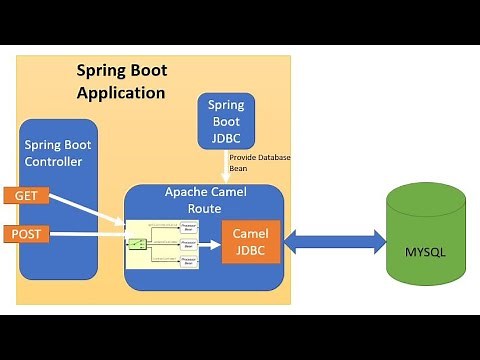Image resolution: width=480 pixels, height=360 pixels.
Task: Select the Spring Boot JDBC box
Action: pyautogui.click(x=226, y=120)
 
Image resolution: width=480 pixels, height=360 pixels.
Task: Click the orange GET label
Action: pyautogui.click(x=25, y=196)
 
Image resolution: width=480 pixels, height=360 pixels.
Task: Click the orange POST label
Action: pyautogui.click(x=25, y=233)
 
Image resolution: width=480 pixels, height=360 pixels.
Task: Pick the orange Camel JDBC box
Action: pyautogui.click(x=250, y=241)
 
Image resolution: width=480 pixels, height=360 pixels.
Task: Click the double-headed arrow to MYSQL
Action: pyautogui.click(x=335, y=241)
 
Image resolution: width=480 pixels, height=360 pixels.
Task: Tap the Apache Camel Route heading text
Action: pyautogui.click(x=205, y=199)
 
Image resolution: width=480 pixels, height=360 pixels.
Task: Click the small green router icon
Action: pyautogui.click(x=135, y=243)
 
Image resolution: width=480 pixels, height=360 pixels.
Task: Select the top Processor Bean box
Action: pyautogui.click(x=188, y=226)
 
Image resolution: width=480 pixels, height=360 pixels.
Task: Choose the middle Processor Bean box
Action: pyautogui.click(x=188, y=243)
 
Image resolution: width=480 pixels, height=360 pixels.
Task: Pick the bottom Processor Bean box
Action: pyautogui.click(x=188, y=260)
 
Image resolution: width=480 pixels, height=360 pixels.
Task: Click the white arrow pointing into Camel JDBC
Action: pyautogui.click(x=210, y=242)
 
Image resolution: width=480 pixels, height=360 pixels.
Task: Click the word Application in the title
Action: pyautogui.click(x=121, y=93)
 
